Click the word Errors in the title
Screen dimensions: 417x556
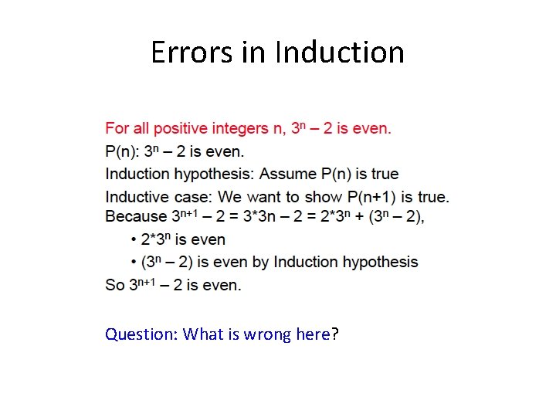185,53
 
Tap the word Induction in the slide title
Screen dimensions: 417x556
340,53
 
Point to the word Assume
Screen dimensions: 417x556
286,173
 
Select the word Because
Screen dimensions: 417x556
135,216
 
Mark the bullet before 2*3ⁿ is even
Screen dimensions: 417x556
134,240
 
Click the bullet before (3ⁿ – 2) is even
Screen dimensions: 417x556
134,263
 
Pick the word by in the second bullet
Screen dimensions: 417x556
260,263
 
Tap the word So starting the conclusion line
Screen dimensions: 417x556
115,285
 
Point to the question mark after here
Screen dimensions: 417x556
334,334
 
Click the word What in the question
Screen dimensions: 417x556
203,334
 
